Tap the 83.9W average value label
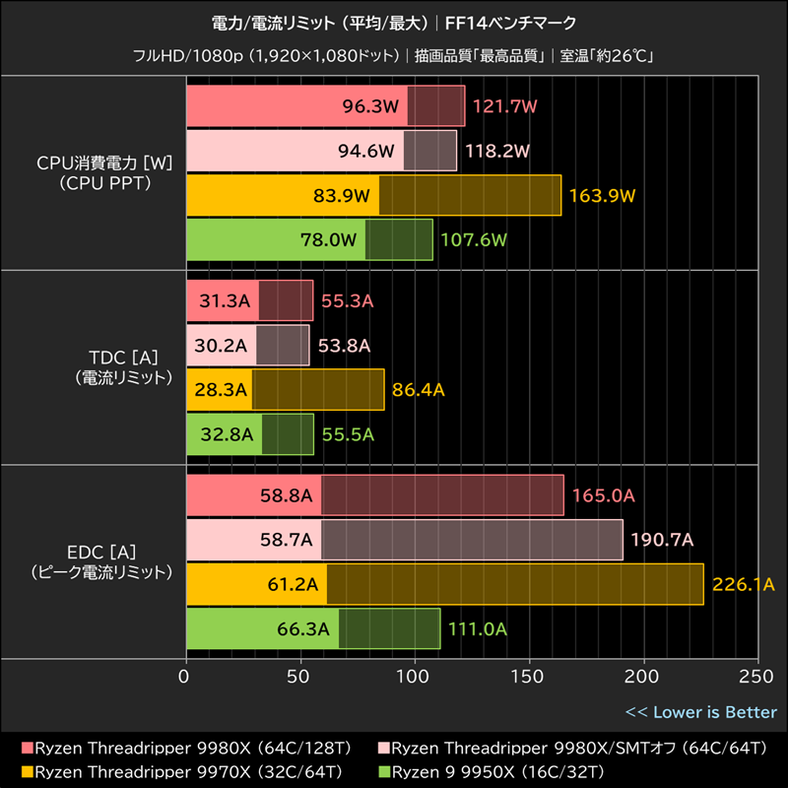point(342,195)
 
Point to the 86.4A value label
point(419,390)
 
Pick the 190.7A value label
point(662,540)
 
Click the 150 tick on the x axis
point(530,677)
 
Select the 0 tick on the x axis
point(185,677)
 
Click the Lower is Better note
point(700,712)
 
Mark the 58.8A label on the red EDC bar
point(286,495)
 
